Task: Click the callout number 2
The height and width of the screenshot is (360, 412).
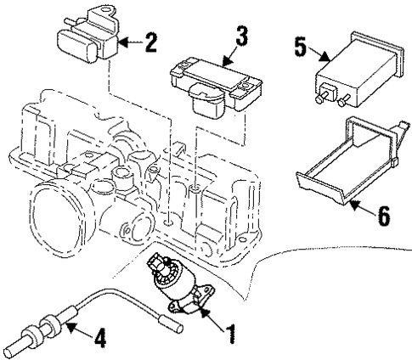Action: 150,42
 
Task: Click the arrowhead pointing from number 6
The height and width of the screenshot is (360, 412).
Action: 353,201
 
